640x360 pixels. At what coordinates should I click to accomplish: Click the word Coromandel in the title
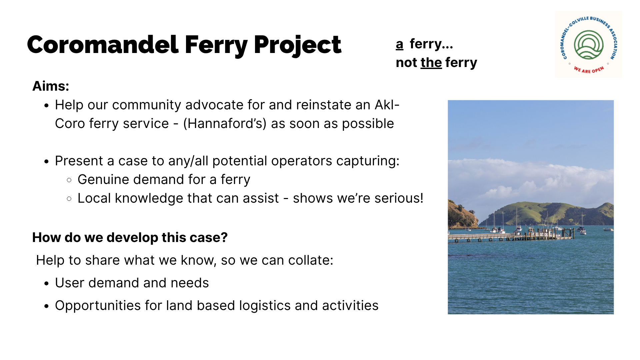(103, 44)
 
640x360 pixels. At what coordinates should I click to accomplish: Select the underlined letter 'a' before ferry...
(400, 44)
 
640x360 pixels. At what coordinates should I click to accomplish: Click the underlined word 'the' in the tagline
(431, 62)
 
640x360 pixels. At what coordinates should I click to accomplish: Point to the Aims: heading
(51, 86)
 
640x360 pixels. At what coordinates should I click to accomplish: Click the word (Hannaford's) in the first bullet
(225, 124)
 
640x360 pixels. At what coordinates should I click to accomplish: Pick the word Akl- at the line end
(387, 105)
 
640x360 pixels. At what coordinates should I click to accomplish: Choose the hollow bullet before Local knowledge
(69, 199)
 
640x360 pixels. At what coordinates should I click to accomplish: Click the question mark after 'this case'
(224, 237)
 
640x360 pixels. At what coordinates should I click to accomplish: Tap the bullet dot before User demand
(46, 283)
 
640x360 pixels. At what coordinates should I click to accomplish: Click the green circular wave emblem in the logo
(588, 45)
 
